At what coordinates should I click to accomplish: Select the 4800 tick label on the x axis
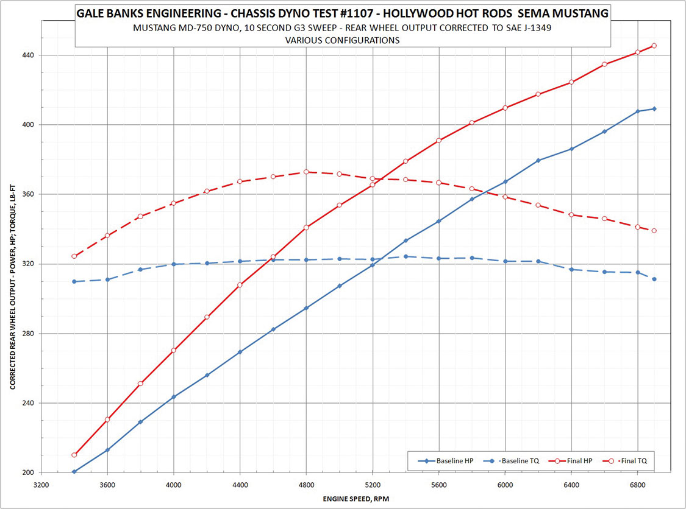coord(306,485)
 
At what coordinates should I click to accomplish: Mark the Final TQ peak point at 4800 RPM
coord(306,172)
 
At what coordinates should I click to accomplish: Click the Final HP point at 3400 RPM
coord(74,455)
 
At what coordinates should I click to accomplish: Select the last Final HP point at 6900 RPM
coord(654,46)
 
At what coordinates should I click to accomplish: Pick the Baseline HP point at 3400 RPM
coord(74,472)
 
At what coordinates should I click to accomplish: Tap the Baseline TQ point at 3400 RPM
coord(74,281)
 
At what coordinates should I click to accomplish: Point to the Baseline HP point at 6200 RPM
coord(538,161)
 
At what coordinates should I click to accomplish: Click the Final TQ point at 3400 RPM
coord(74,256)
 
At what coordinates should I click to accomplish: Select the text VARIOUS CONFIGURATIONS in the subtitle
coord(342,41)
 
